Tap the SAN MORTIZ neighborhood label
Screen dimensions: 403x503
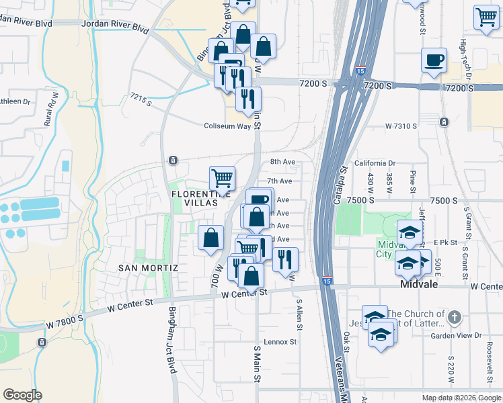(148, 268)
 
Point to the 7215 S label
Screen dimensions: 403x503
(141, 101)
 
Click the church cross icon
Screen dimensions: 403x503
(455, 317)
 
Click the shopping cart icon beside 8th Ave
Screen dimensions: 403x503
(222, 179)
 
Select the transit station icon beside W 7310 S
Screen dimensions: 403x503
(444, 122)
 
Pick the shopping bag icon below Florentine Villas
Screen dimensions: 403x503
(211, 238)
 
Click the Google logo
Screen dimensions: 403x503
(22, 395)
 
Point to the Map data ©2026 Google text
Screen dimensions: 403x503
(461, 398)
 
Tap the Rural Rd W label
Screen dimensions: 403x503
(51, 108)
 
